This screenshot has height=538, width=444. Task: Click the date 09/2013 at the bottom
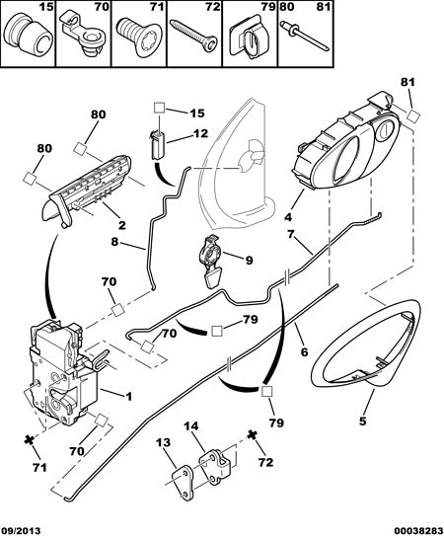pyautogui.click(x=21, y=530)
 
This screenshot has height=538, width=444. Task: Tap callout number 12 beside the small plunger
pyautogui.click(x=200, y=133)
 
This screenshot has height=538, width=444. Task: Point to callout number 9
pyautogui.click(x=249, y=260)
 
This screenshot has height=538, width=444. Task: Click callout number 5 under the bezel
pyautogui.click(x=363, y=421)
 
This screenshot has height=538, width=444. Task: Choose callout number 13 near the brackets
pyautogui.click(x=163, y=442)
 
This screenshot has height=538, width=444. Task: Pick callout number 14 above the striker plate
pyautogui.click(x=191, y=426)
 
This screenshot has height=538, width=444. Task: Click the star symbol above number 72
pyautogui.click(x=253, y=434)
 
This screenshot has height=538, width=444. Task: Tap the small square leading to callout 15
pyautogui.click(x=159, y=108)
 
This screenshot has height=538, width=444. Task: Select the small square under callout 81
pyautogui.click(x=413, y=115)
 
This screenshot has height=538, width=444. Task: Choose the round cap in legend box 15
pyautogui.click(x=28, y=36)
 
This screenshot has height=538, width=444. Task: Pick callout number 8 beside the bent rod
pyautogui.click(x=114, y=242)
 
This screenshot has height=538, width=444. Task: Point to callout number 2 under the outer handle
pyautogui.click(x=122, y=225)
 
